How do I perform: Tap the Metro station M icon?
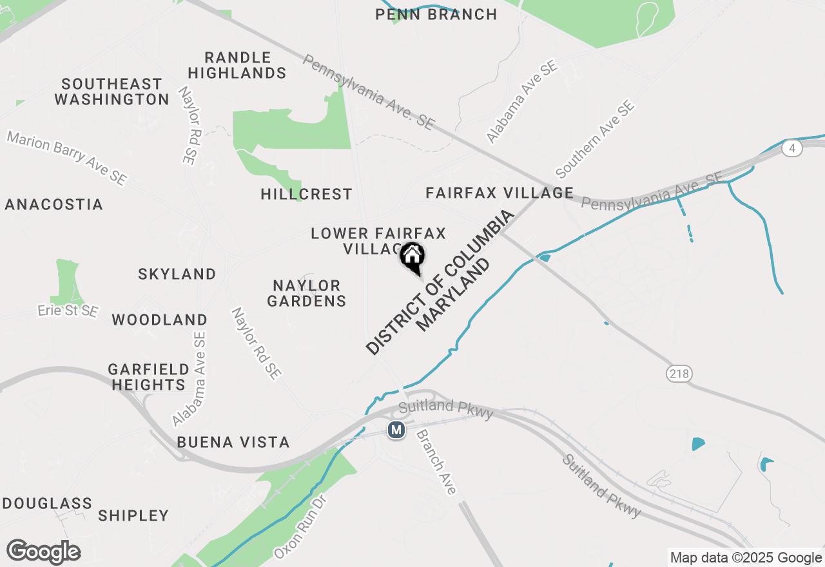(396, 429)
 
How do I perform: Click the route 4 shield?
(792, 148)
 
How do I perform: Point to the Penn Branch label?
(436, 14)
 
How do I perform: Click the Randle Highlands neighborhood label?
(237, 65)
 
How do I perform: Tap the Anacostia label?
(54, 204)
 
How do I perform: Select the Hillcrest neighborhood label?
(307, 194)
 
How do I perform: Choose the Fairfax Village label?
(500, 193)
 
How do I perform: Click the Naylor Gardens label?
(307, 293)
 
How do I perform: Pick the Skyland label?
(177, 274)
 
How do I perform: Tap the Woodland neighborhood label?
(160, 320)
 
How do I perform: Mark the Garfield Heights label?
(148, 377)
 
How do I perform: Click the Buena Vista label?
(233, 442)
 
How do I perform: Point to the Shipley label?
(133, 515)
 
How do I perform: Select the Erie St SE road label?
(68, 311)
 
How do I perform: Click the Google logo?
(44, 552)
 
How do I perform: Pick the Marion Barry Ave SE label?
(67, 159)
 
